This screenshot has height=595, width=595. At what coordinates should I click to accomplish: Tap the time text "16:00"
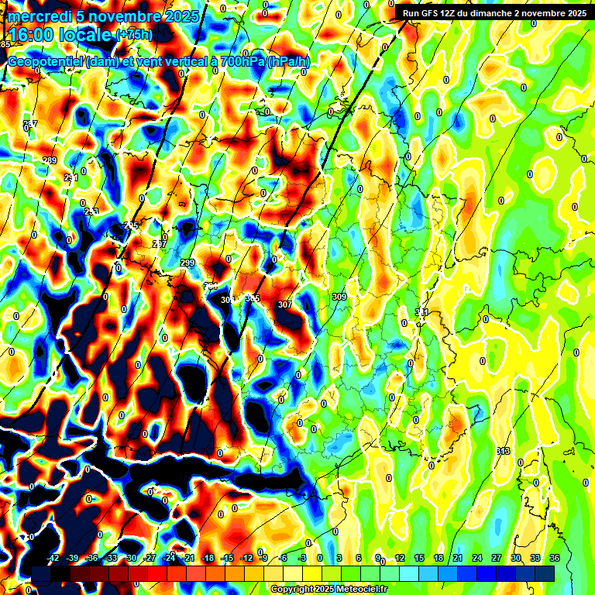[x=30, y=35]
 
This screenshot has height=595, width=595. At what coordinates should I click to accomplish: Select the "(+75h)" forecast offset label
[x=133, y=34]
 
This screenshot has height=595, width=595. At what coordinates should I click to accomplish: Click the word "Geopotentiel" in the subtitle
[x=46, y=62]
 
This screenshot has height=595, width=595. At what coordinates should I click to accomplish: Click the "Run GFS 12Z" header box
[x=492, y=12]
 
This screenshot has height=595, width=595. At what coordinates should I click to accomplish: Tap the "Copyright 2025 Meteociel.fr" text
[x=329, y=590]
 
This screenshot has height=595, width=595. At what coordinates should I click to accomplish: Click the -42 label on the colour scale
[x=53, y=558]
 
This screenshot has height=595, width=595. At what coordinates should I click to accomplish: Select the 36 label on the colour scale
[x=555, y=558]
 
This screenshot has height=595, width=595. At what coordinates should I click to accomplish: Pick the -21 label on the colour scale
[x=188, y=558]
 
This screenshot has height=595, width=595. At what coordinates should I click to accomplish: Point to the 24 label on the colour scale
[x=477, y=558]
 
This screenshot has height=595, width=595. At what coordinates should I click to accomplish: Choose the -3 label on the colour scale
[x=303, y=558]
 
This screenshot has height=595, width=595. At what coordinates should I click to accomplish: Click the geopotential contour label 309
[x=339, y=297]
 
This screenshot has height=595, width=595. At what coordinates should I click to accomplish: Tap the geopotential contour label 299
[x=187, y=263]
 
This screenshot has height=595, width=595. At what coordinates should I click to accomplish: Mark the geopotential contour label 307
[x=284, y=304]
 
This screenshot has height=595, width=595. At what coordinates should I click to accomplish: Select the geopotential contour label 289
[x=50, y=160]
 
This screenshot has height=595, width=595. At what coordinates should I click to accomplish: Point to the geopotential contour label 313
[x=504, y=451]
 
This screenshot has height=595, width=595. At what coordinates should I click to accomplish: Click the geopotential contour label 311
[x=422, y=312]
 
